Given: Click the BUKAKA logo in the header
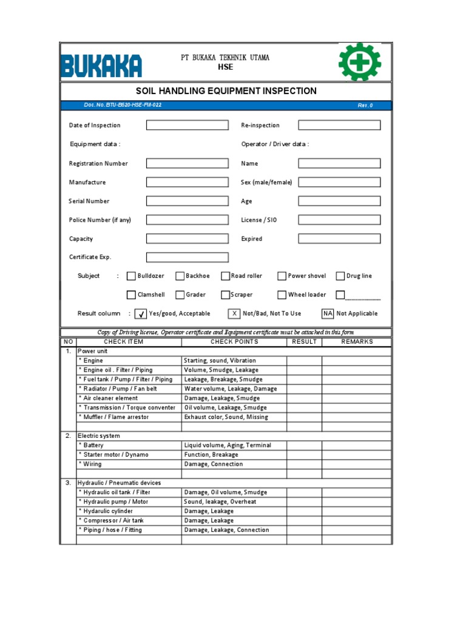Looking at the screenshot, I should [101, 66].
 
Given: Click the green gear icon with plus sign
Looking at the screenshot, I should [360, 62].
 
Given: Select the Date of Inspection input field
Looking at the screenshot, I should [187, 126].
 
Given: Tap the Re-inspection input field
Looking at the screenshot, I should [339, 126].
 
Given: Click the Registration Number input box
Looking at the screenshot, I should [187, 163].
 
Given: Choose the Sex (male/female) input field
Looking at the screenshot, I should [339, 182].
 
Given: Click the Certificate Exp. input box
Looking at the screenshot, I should [187, 257].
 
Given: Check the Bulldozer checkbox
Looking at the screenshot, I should [131, 277].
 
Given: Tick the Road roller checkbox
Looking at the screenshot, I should [225, 277].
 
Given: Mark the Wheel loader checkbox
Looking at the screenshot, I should [282, 295].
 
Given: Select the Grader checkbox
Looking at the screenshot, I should [180, 295].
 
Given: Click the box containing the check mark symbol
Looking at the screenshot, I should [140, 314].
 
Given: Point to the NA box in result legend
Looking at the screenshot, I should [328, 314].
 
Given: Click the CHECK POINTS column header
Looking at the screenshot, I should [234, 342].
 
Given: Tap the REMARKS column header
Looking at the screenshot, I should [357, 342].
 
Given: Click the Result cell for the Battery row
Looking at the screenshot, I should [304, 445].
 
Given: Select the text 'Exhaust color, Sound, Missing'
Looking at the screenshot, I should [226, 417].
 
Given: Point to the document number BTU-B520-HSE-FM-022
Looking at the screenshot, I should [123, 106].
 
